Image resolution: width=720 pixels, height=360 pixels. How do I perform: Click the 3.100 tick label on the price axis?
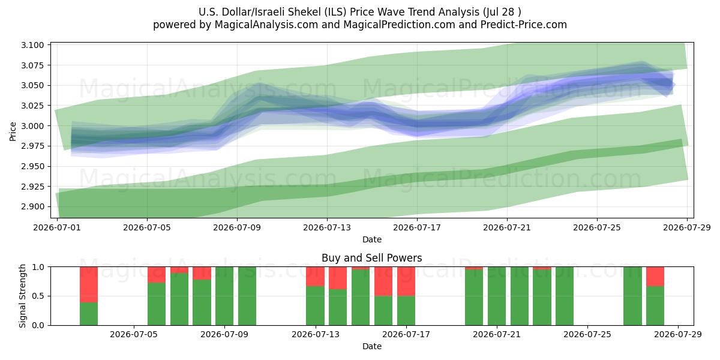pos(32,45)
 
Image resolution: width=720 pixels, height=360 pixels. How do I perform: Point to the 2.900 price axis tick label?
pos(32,206)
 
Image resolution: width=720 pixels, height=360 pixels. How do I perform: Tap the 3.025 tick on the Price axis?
pos(32,106)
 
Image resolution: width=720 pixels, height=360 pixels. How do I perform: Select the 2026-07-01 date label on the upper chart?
pos(57,227)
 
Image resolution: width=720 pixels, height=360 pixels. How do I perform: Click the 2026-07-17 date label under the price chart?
pos(417,227)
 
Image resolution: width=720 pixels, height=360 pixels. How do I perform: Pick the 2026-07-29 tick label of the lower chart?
pos(678,334)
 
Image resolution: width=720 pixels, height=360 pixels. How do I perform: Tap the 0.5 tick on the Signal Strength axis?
pos(38,296)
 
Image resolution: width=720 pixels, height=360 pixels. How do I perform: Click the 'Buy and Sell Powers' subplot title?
pos(372,258)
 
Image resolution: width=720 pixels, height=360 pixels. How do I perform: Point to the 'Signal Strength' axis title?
pos(22,296)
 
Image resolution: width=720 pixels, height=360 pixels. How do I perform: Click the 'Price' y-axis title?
pos(13,131)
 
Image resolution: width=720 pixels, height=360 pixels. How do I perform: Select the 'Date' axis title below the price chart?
pos(372,239)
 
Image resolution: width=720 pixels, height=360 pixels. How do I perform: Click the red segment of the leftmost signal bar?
pos(89,285)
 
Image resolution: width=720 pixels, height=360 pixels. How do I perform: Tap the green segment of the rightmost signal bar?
pos(655,305)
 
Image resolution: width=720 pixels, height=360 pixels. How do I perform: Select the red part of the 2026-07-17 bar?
pos(406,281)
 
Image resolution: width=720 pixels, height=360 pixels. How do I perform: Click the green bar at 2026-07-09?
pos(224,296)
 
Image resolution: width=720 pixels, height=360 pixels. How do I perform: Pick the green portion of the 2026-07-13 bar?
pos(316,305)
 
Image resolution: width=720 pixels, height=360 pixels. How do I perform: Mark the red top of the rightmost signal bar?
pos(655,277)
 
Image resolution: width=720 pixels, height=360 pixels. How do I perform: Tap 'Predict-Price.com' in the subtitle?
pos(524,25)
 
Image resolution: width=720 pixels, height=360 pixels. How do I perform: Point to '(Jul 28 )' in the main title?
pos(502,12)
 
